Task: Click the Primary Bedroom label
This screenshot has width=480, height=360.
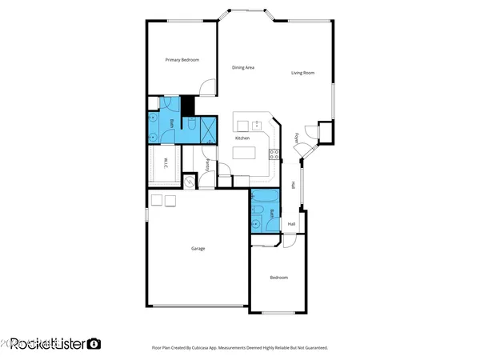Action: coord(182,60)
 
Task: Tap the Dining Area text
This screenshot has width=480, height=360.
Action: coord(243,68)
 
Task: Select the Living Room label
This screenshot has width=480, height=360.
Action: coord(302,73)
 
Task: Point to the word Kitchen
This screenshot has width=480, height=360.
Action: coord(242,138)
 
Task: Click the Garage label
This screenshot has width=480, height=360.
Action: coord(198,249)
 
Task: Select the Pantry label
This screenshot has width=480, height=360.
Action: coord(208,166)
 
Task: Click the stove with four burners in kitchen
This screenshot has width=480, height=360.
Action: coord(273,153)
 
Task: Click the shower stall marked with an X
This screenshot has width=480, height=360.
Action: coord(208,129)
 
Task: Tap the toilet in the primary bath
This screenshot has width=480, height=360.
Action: coord(193,125)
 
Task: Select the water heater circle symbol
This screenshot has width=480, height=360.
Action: coord(190,182)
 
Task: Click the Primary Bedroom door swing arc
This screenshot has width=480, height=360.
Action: coord(208,86)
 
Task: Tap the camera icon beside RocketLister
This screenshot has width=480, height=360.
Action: coord(94,344)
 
